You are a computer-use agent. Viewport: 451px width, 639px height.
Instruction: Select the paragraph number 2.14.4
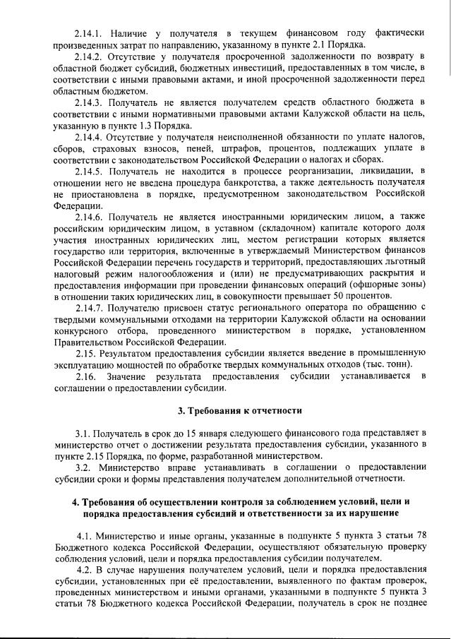[90, 135]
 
